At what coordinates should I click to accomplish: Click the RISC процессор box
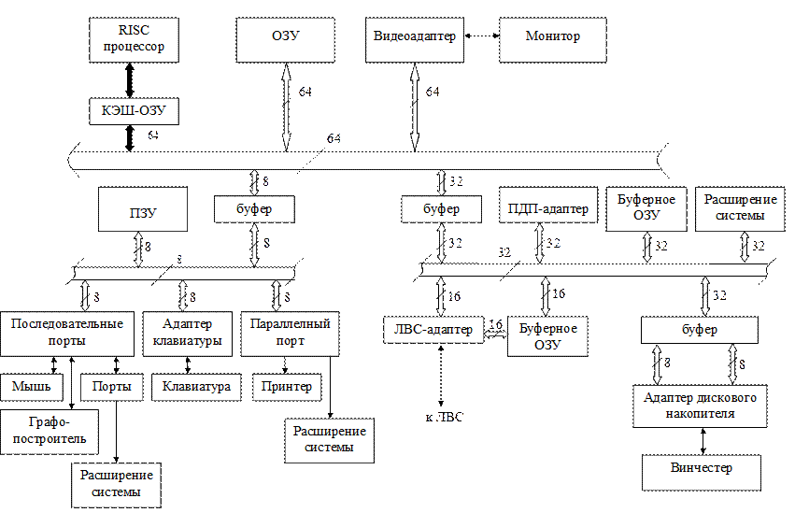click(134, 40)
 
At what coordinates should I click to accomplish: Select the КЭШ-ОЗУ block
click(134, 111)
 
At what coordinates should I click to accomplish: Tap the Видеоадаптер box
click(415, 40)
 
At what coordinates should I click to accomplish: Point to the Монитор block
click(553, 40)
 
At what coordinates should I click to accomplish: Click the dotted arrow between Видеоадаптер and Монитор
click(482, 36)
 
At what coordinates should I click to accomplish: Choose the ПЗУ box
click(143, 209)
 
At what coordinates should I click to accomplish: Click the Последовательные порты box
click(67, 334)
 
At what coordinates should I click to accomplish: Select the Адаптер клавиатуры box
click(188, 334)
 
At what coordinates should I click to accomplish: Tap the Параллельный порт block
click(290, 334)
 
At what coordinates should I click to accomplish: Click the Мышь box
click(32, 388)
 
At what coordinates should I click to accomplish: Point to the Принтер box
click(287, 388)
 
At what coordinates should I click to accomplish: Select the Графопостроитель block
click(50, 432)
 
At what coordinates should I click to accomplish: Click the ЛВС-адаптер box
click(433, 330)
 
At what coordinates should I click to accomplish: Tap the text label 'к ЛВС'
click(444, 417)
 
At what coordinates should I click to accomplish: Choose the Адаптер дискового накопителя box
click(700, 406)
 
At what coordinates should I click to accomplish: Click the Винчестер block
click(702, 472)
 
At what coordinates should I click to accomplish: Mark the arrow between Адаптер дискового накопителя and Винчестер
click(703, 441)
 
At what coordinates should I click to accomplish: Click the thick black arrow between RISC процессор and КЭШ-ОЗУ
click(130, 80)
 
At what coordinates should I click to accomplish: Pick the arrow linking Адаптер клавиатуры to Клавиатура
click(188, 365)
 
